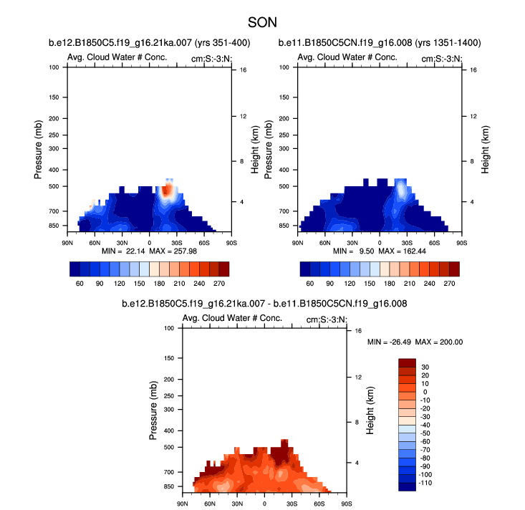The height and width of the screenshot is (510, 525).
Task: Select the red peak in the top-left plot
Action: [x=167, y=190]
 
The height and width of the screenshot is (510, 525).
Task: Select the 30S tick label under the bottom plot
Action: [x=292, y=504]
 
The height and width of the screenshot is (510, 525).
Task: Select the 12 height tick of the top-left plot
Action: [x=243, y=116]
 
